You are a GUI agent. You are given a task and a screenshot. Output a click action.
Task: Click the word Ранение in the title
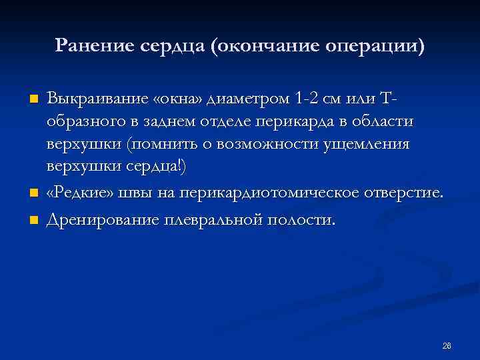pos(95,45)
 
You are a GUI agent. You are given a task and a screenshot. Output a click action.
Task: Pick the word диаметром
pos(247,99)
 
